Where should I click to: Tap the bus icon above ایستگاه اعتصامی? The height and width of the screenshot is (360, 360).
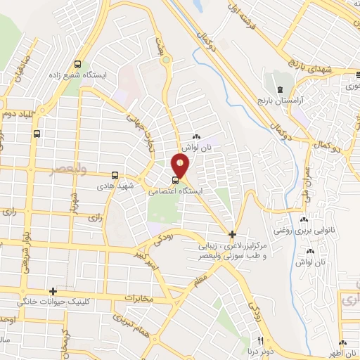(175, 179)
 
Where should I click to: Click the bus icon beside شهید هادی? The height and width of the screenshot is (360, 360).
(115, 175)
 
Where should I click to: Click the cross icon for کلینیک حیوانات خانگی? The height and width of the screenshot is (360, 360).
(53, 290)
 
